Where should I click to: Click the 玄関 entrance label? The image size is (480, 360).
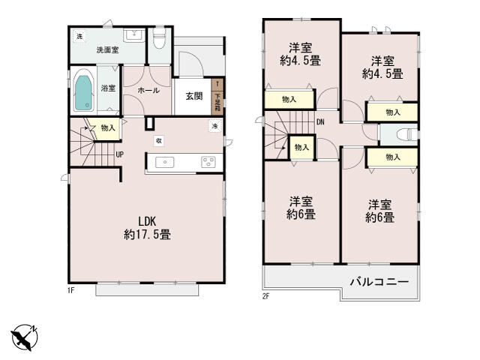(x=194, y=95)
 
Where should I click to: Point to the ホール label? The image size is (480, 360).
(x=148, y=88)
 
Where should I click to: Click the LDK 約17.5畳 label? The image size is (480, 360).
(x=147, y=228)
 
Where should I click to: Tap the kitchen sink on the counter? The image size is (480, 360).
(x=166, y=162)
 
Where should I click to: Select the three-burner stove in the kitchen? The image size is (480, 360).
(x=208, y=162)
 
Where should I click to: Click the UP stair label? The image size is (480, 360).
(x=119, y=154)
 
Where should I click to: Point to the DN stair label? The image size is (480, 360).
(x=320, y=121)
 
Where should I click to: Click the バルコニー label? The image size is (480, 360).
(x=379, y=283)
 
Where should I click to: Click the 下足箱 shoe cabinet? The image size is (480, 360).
(x=217, y=96)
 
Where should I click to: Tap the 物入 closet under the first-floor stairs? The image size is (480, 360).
(x=108, y=127)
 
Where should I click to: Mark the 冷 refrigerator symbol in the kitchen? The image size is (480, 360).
(x=214, y=126)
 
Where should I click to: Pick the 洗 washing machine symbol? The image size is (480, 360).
(x=79, y=37)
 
